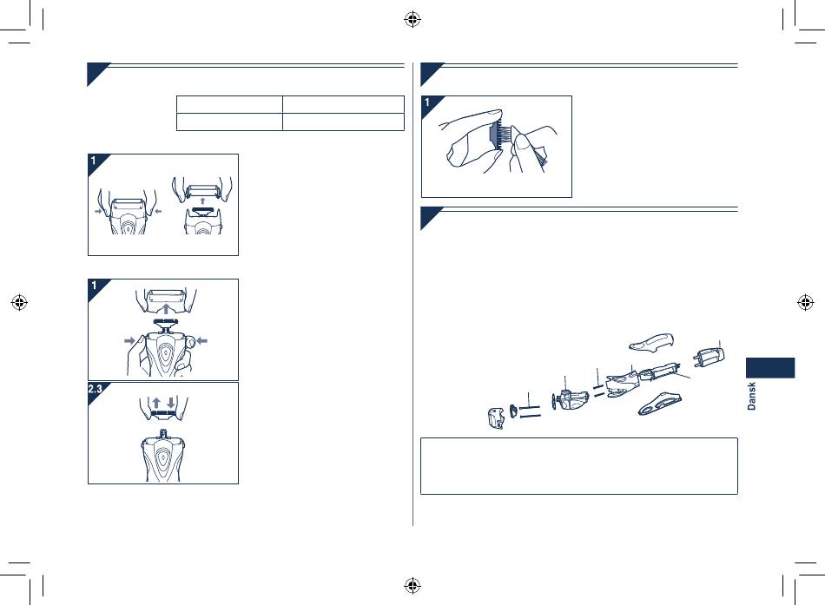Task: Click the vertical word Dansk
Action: click(751, 396)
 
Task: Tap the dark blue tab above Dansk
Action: click(769, 368)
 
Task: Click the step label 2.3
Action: click(95, 390)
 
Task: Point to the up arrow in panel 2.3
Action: click(156, 404)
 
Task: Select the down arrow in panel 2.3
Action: click(170, 404)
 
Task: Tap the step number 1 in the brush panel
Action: click(427, 102)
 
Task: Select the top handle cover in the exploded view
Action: click(651, 342)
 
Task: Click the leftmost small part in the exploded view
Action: click(496, 418)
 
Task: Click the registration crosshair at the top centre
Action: click(412, 20)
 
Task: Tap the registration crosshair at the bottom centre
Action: click(412, 585)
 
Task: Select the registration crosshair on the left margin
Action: click(19, 303)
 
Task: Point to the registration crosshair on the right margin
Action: click(806, 303)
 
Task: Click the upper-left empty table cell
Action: click(229, 104)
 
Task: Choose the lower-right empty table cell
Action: click(343, 122)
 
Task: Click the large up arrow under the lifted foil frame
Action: click(166, 309)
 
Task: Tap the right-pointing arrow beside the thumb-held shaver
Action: click(129, 341)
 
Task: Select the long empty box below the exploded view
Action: click(578, 465)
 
